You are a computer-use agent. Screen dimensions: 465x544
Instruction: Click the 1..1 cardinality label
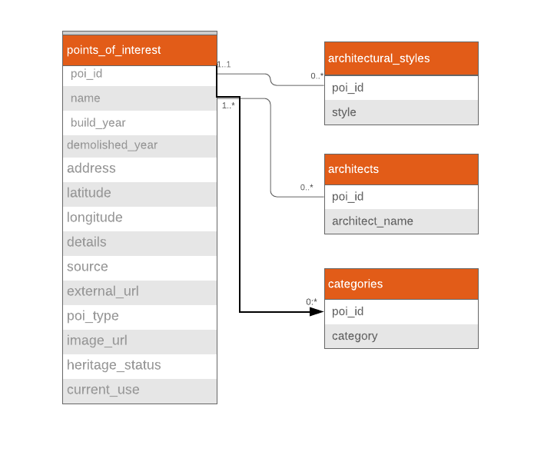point(224,65)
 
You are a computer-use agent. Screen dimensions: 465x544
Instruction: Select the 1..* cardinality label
point(228,105)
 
